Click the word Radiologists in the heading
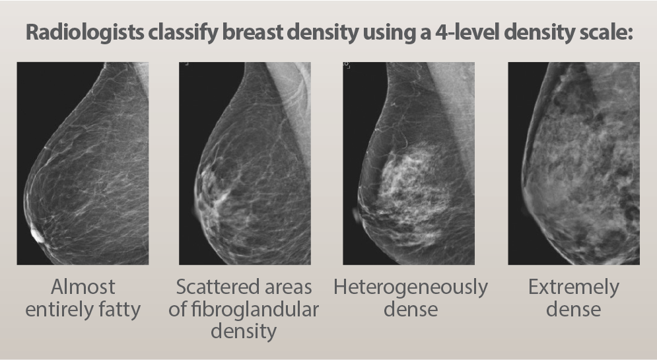85,32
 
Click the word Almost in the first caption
83,287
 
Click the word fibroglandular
255,309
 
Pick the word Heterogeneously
411,288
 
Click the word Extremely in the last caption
574,288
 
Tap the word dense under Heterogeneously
411,309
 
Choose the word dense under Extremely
574,309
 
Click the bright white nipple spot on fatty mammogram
37,235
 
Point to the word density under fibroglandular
244,332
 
